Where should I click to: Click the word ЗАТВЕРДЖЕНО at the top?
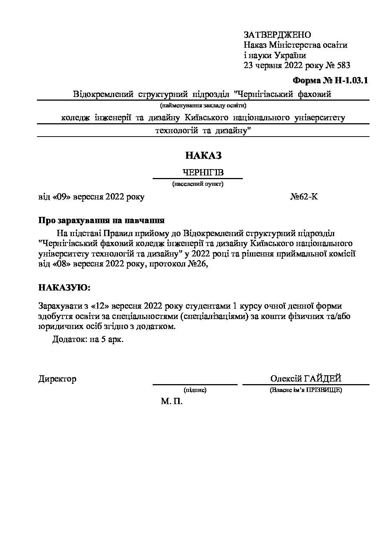[277, 35]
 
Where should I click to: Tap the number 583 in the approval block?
[343, 66]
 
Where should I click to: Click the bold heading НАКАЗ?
[203, 155]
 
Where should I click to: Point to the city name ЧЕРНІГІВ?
[203, 173]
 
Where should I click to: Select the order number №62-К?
[304, 197]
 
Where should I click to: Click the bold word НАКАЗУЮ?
[64, 287]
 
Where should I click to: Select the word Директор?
[57, 379]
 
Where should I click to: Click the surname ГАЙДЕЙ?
[322, 379]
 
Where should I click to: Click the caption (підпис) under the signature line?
[195, 390]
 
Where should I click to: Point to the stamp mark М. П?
[171, 402]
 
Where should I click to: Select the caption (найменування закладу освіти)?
[203, 105]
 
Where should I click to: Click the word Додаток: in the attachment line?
[69, 339]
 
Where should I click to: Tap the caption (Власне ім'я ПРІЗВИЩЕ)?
[306, 390]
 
